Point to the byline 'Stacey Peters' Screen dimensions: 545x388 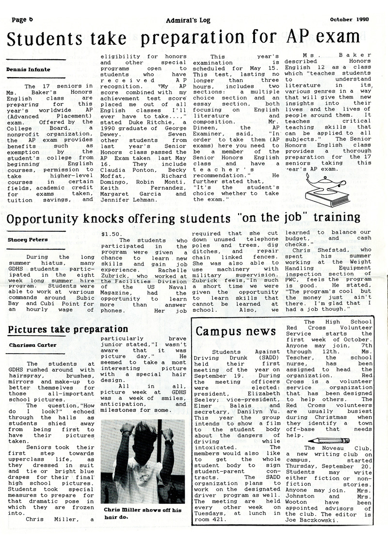[x=27, y=239]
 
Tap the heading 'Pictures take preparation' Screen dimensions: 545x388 [x=67, y=329]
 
